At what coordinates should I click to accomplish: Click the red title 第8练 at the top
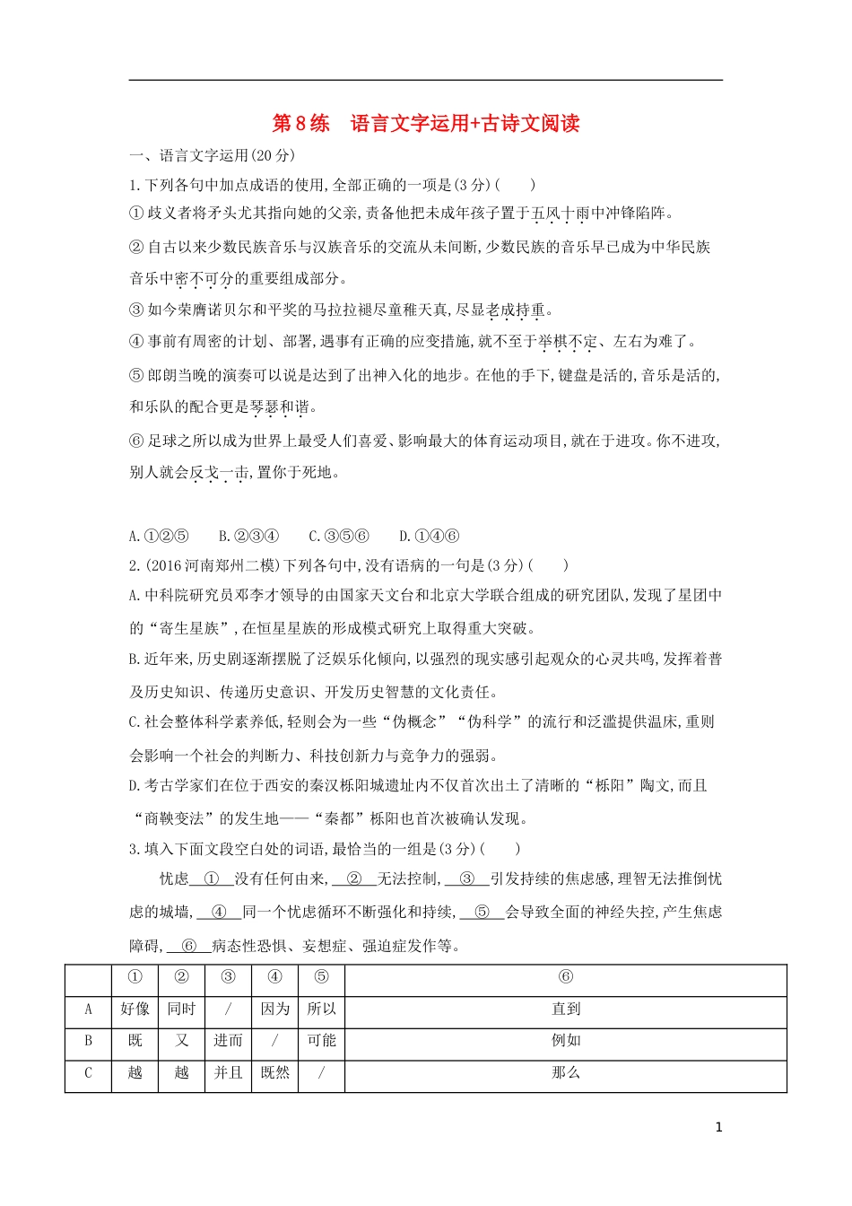[300, 124]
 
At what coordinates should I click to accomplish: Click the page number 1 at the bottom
[718, 1128]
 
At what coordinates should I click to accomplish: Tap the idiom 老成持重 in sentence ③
[516, 310]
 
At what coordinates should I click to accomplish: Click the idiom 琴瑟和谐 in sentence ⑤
[280, 407]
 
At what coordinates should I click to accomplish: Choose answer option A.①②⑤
[159, 537]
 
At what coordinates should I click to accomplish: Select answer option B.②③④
[248, 537]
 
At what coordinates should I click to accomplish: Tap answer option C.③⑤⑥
[339, 537]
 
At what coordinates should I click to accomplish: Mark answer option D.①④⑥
[429, 537]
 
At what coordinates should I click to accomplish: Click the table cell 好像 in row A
[135, 1009]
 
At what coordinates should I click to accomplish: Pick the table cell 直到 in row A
[566, 1009]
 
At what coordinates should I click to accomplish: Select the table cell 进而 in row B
[228, 1041]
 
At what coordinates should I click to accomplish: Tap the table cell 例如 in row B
[566, 1041]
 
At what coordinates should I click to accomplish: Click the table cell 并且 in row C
[228, 1073]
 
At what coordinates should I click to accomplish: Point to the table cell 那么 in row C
[566, 1073]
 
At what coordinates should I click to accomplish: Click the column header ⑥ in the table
[566, 977]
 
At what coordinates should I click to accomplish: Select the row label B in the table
[88, 1041]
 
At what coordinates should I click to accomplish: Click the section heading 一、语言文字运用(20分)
[212, 156]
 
